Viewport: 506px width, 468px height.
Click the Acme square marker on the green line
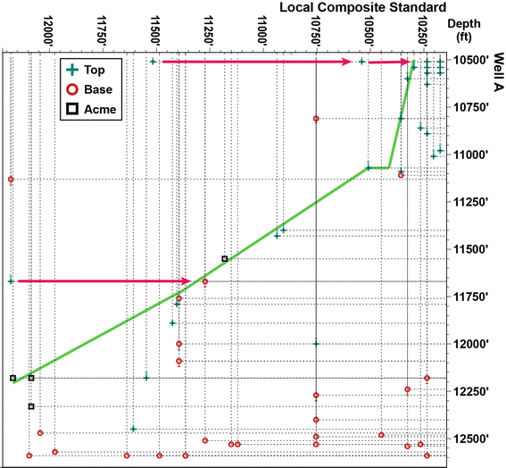pyautogui.click(x=224, y=259)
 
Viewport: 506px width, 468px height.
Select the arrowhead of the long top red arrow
pyautogui.click(x=353, y=62)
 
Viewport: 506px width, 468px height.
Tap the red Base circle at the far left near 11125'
pyautogui.click(x=11, y=180)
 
